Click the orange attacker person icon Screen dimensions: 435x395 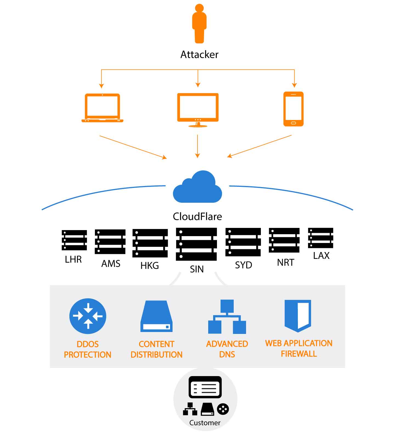tap(199, 24)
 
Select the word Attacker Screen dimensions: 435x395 tap(199, 55)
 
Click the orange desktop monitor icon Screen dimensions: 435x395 tap(198, 109)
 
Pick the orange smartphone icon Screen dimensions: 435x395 tap(293, 109)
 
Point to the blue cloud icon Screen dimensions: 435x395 tap(198, 187)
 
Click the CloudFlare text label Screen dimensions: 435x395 tap(197, 216)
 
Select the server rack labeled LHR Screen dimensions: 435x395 tap(74, 240)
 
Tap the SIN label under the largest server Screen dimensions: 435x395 tap(197, 269)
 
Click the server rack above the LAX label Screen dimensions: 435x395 tap(320, 238)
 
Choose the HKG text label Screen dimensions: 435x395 tap(149, 265)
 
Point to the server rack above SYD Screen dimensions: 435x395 tap(243, 242)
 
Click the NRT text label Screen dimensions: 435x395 tap(285, 262)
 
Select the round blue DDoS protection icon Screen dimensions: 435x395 tap(88, 316)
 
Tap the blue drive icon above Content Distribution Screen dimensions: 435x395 tap(156, 316)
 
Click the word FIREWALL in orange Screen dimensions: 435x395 tap(299, 354)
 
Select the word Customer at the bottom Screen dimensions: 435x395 tap(205, 423)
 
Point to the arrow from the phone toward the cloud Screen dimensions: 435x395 tap(259, 146)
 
